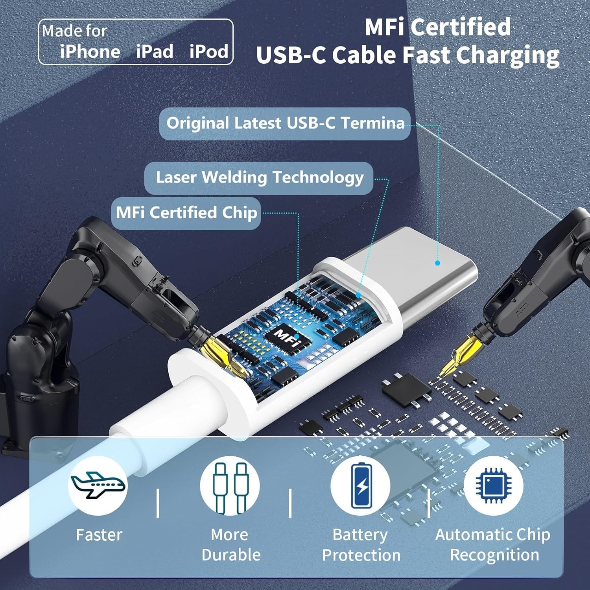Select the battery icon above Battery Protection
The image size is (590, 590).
coord(361,485)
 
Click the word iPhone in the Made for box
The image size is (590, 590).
coord(90,52)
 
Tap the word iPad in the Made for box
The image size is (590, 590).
coord(155,52)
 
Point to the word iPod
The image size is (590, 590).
coord(209,52)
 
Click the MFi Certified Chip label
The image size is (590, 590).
coord(186,213)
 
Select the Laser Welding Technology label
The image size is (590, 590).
coord(259,178)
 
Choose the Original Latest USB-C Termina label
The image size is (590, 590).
coord(285,124)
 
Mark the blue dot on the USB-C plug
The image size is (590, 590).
coord(437,263)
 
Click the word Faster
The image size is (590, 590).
coord(99,535)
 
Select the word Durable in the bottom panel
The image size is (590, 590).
coord(231,555)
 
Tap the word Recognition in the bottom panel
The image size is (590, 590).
coord(494,555)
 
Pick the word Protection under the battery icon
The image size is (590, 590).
coord(361,555)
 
